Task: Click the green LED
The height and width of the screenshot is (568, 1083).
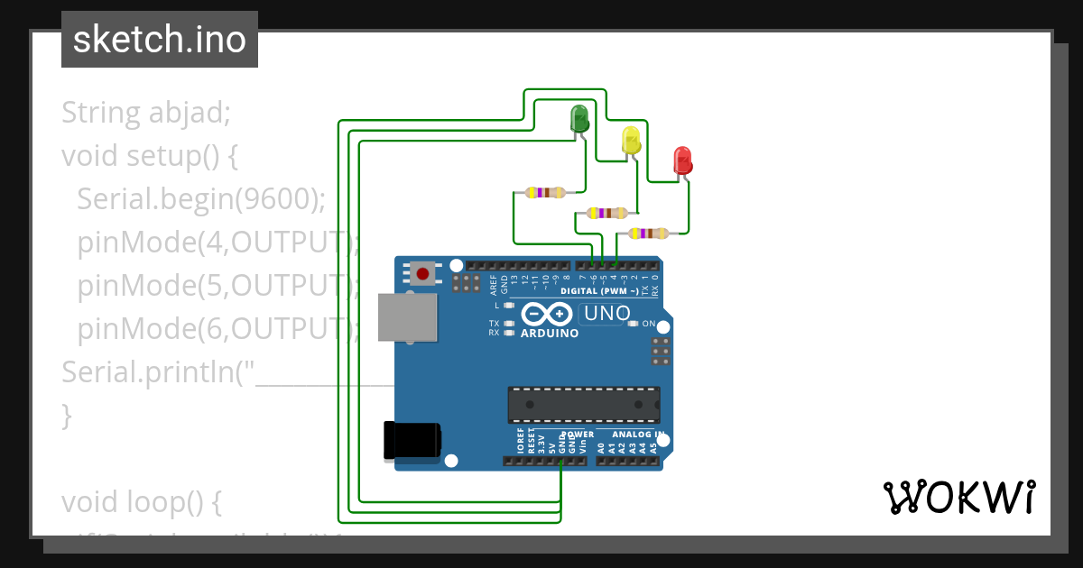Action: pyautogui.click(x=579, y=118)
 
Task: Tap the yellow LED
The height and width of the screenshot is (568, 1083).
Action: pyautogui.click(x=631, y=140)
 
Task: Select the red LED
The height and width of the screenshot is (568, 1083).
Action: pyautogui.click(x=683, y=160)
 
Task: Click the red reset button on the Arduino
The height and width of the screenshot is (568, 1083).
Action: pyautogui.click(x=421, y=272)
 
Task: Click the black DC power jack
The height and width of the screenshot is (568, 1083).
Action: pyautogui.click(x=412, y=441)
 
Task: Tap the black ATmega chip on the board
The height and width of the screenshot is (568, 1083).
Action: pyautogui.click(x=583, y=405)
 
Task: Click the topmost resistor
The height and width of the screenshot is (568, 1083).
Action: pyautogui.click(x=544, y=192)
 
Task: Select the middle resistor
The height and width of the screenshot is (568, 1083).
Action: pyautogui.click(x=606, y=214)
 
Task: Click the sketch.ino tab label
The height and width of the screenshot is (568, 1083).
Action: pyautogui.click(x=160, y=40)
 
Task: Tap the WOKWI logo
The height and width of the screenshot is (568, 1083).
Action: pyautogui.click(x=958, y=497)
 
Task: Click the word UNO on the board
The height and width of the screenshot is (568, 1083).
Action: pyautogui.click(x=606, y=314)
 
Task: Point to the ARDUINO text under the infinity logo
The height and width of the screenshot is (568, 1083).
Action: pyautogui.click(x=550, y=333)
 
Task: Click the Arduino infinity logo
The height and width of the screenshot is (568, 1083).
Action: pyautogui.click(x=547, y=314)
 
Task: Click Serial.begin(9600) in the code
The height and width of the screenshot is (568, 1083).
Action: pyautogui.click(x=200, y=198)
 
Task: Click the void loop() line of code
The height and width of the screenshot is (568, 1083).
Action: pyautogui.click(x=141, y=501)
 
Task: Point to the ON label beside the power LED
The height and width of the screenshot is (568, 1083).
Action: pyautogui.click(x=648, y=323)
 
